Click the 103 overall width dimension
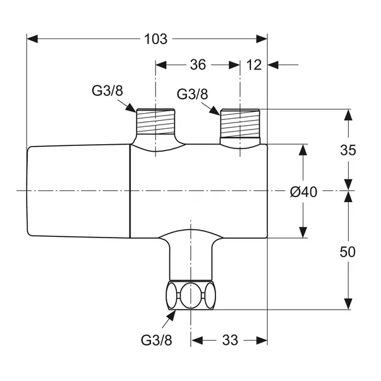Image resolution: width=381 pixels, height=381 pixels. pyautogui.click(x=155, y=39)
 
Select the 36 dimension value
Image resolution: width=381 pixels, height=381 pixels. pyautogui.click(x=198, y=64)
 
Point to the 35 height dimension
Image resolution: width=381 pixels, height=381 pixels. pyautogui.click(x=348, y=150)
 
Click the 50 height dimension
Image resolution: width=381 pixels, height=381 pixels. pyautogui.click(x=348, y=251)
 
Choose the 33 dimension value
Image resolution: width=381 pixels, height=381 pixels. pyautogui.click(x=230, y=341)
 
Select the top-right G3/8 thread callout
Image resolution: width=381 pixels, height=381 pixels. pyautogui.click(x=192, y=94)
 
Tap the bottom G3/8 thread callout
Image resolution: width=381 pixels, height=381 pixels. pyautogui.click(x=156, y=340)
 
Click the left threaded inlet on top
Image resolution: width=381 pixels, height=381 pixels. pyautogui.click(x=156, y=121)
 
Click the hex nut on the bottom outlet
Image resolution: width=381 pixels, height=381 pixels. pyautogui.click(x=190, y=295)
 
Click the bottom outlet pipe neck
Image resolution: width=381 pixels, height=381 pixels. pyautogui.click(x=190, y=259)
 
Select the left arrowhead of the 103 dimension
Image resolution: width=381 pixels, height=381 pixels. pyautogui.click(x=33, y=39)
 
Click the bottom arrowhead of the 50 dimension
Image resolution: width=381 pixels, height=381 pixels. pyautogui.click(x=348, y=304)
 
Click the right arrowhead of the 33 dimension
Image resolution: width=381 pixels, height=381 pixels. pyautogui.click(x=262, y=341)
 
